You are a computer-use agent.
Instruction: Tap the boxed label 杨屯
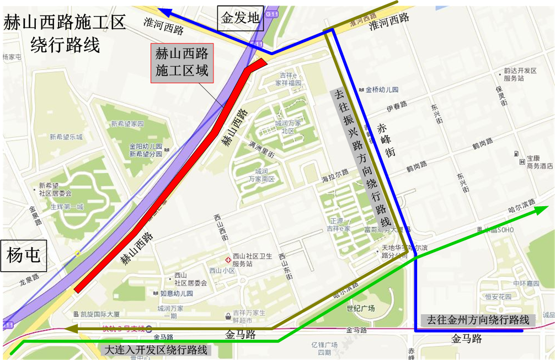coord(24,256)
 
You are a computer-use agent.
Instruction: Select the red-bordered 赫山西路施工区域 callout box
coord(182,64)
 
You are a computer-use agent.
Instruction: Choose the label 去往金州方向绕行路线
coord(478,320)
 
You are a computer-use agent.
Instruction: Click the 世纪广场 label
coord(360,308)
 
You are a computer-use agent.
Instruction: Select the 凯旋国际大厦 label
coord(100,314)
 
